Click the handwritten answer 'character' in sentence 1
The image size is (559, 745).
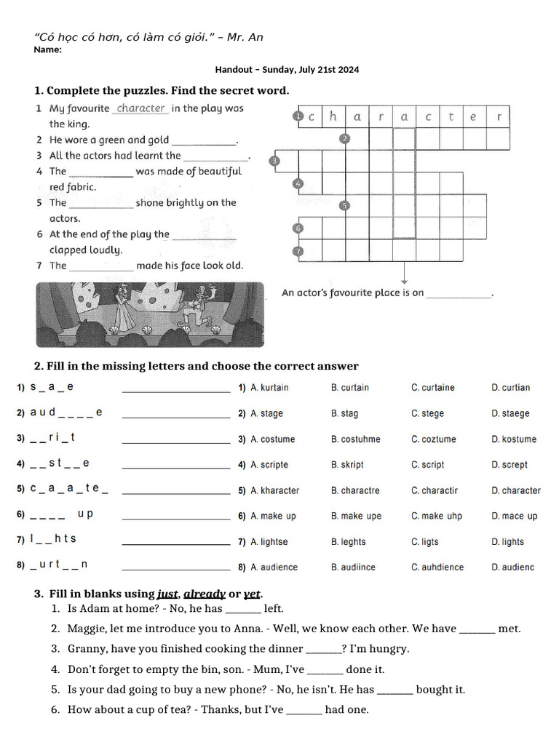pyautogui.click(x=141, y=108)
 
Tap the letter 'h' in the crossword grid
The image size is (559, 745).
pyautogui.click(x=333, y=116)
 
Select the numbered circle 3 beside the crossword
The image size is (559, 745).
pyautogui.click(x=274, y=161)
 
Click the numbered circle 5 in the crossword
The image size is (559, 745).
pyautogui.click(x=345, y=206)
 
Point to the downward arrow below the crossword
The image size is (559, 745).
pyautogui.click(x=404, y=275)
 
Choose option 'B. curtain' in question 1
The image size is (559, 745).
pyautogui.click(x=349, y=388)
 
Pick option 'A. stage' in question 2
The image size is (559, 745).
pyautogui.click(x=266, y=414)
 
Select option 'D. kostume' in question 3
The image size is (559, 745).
pyautogui.click(x=514, y=439)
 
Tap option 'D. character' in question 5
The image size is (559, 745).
pyautogui.click(x=516, y=491)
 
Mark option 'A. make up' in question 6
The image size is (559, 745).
pyautogui.click(x=273, y=517)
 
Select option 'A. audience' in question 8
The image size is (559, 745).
pyautogui.click(x=274, y=567)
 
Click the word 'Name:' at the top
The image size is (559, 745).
pyautogui.click(x=48, y=50)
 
